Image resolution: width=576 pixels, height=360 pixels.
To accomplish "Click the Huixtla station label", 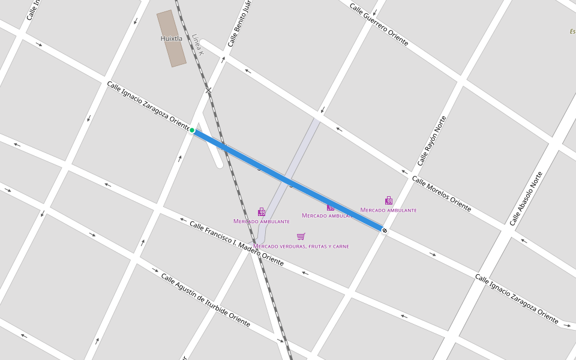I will point(172,38).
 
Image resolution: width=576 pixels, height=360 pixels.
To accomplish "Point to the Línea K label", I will point(198,46).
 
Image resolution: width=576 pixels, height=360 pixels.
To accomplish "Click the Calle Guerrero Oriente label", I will point(379,25).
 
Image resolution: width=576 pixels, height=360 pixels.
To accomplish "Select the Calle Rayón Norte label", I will point(432,140).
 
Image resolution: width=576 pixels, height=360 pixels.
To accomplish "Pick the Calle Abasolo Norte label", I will point(526,199).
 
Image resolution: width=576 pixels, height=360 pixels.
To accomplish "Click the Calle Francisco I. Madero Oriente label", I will point(236,243).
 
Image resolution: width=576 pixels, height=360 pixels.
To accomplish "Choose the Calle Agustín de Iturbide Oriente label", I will point(205,299).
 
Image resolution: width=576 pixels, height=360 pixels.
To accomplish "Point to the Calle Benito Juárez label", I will point(238,23).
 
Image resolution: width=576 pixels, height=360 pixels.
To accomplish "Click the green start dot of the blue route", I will point(192,130).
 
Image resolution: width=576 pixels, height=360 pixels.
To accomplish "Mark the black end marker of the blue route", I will point(384,230).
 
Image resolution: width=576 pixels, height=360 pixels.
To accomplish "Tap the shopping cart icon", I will point(301,236).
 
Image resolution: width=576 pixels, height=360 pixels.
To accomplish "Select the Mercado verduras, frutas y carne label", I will point(301,246).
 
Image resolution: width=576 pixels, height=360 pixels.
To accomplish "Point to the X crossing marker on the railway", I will point(208,91).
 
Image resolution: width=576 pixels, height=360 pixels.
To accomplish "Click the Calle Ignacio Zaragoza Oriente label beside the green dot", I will point(148,104).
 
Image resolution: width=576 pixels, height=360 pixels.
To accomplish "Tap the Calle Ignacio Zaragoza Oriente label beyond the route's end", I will point(517,295).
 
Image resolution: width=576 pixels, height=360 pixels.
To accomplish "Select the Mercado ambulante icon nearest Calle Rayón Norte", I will point(389,201).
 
